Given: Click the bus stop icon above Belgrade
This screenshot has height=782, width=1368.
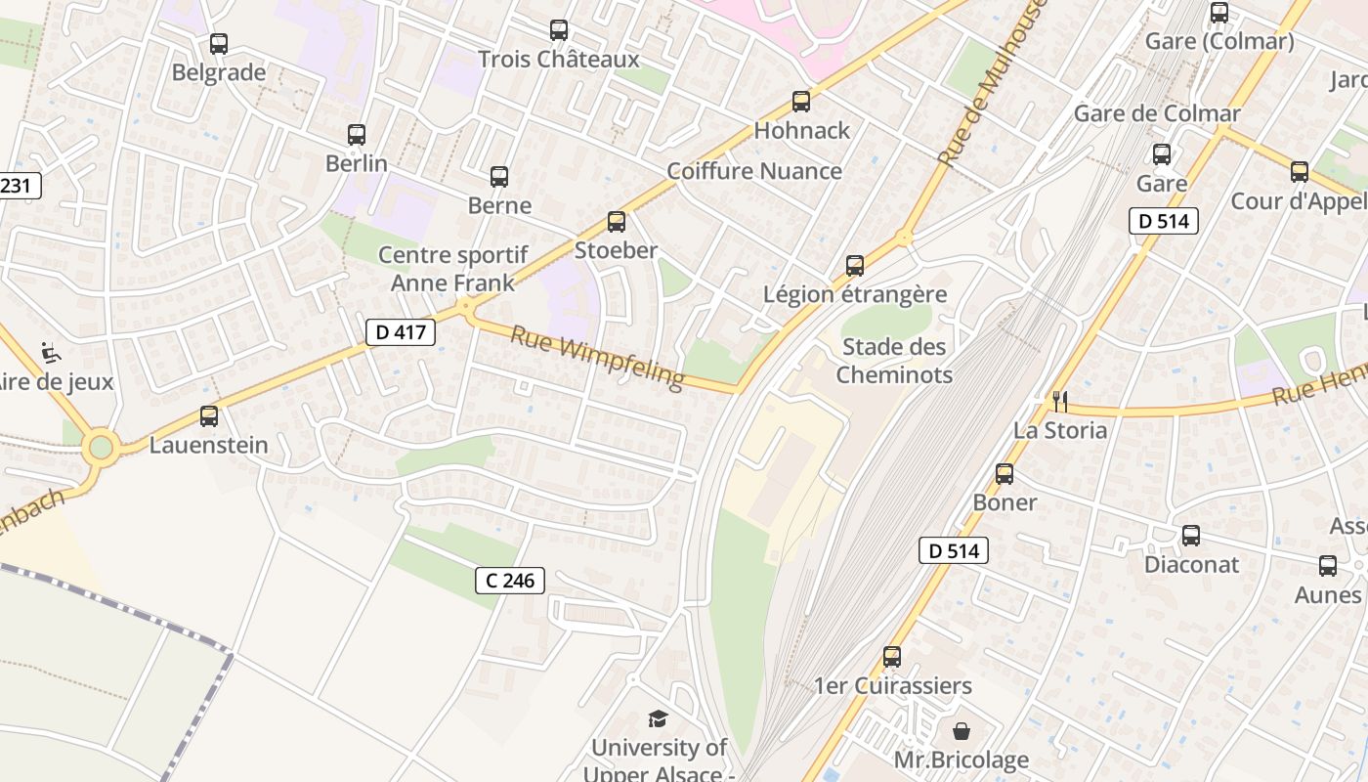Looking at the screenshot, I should pos(219,44).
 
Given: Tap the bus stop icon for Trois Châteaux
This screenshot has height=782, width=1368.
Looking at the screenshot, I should pos(559,30).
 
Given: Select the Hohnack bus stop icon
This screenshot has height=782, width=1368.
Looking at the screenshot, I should pos(801,101).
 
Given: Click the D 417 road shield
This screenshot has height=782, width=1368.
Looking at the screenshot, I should pos(401,332).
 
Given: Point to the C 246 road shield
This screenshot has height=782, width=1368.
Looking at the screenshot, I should pos(510,581).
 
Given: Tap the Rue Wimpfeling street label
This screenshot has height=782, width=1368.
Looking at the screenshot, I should pos(597,357).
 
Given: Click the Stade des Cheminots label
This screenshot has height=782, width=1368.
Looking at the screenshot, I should pos(894,361).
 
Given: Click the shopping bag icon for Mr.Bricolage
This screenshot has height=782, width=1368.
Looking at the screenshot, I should pos(962,730).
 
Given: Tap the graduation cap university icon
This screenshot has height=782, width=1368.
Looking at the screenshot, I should pos(659,719).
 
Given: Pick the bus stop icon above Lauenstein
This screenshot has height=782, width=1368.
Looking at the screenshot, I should pos(209,416).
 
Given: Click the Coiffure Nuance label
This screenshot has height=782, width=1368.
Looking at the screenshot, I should pos(754,171).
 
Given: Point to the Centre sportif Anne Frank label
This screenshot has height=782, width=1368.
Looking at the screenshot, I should pos(452,269).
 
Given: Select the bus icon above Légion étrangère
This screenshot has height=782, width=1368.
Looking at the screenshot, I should pos(855,265).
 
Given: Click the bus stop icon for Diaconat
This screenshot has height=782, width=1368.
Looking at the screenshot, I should pos(1191,536).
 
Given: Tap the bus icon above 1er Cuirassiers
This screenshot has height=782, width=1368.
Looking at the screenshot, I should pos(892,657).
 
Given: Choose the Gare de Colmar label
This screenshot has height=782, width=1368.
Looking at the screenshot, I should pos(1157,113).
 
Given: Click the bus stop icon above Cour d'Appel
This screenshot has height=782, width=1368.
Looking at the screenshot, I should pos(1300,172).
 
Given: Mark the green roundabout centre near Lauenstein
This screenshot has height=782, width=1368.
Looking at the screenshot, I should pos(101,449).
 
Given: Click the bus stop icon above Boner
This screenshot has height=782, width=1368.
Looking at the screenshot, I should pos(1005,474).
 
